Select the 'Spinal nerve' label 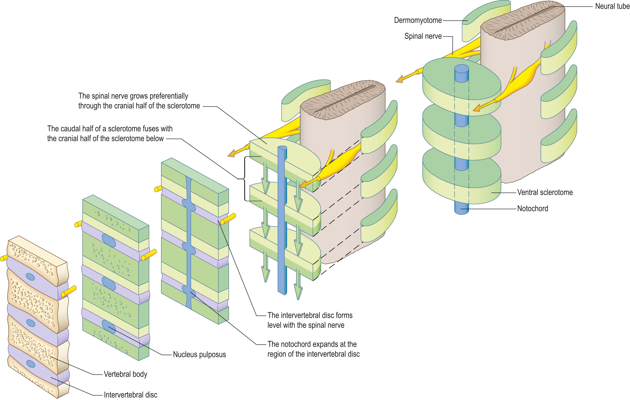[x=423, y=36]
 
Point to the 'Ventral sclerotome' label [x=545, y=192]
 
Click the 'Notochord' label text [x=532, y=209]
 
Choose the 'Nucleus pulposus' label [x=199, y=354]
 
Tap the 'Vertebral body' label [x=125, y=374]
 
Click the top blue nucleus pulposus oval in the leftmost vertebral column [x=31, y=277]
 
